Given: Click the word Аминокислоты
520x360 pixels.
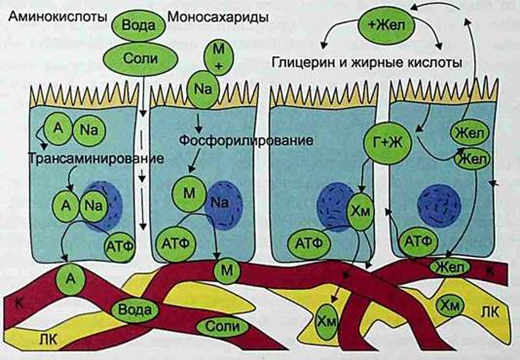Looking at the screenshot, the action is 57,17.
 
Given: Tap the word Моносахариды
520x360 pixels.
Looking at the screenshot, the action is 218,18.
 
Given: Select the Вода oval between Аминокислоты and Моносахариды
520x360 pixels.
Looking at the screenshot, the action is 138,25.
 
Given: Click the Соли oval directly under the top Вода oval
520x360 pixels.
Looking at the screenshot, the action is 140,59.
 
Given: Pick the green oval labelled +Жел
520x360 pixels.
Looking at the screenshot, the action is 387,25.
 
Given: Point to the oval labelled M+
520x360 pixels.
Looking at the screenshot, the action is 218,57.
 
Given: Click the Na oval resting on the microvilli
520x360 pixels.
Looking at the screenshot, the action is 204,90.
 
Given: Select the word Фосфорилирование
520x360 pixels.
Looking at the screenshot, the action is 245,140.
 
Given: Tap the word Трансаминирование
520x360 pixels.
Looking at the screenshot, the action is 96,159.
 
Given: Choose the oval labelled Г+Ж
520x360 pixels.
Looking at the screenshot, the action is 388,143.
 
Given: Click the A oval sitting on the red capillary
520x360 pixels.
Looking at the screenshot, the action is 70,279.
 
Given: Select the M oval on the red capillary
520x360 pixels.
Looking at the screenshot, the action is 227,270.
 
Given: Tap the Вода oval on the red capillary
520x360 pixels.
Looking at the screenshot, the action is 134,310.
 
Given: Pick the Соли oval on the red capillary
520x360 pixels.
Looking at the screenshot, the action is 222,327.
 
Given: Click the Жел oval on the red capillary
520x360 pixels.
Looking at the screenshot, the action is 450,267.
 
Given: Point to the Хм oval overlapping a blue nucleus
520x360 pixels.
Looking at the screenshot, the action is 360,211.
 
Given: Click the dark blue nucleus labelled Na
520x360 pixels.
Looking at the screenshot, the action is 223,204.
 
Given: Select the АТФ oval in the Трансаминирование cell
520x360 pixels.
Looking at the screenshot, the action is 120,246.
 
